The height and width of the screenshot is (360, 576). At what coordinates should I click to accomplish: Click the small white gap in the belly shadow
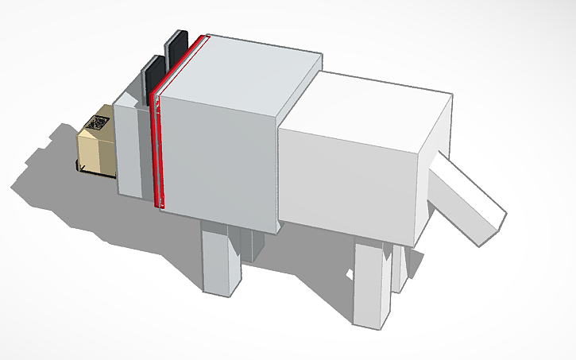(x=349, y=275)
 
